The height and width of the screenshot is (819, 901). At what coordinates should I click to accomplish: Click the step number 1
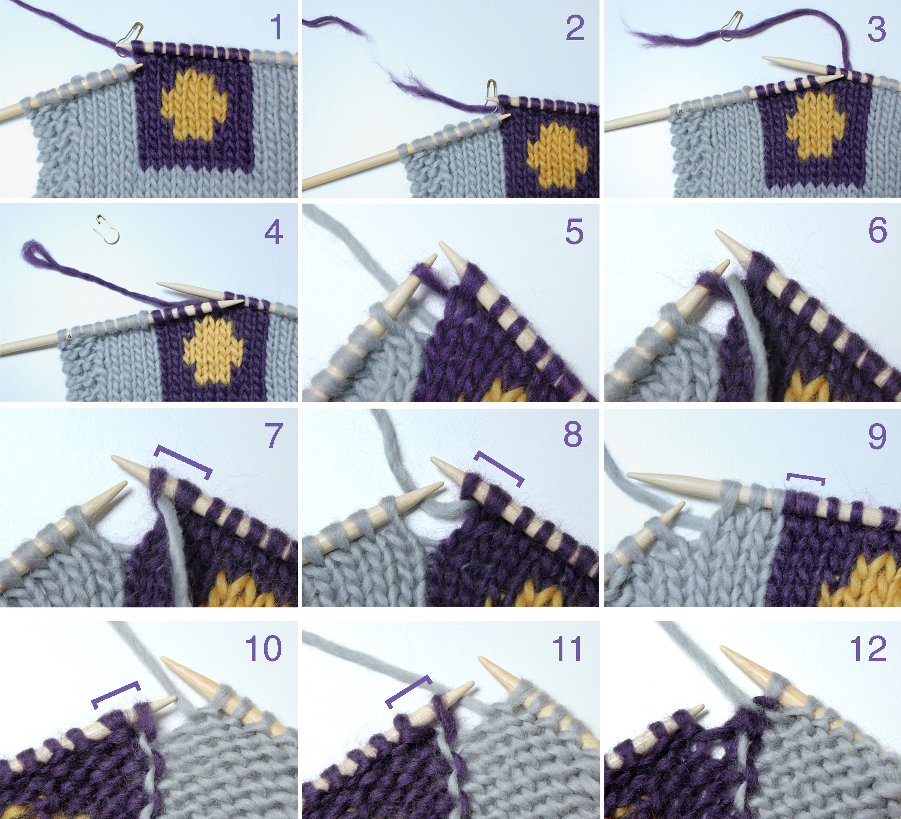click(277, 27)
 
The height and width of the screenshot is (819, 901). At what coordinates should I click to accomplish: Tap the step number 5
click(574, 231)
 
